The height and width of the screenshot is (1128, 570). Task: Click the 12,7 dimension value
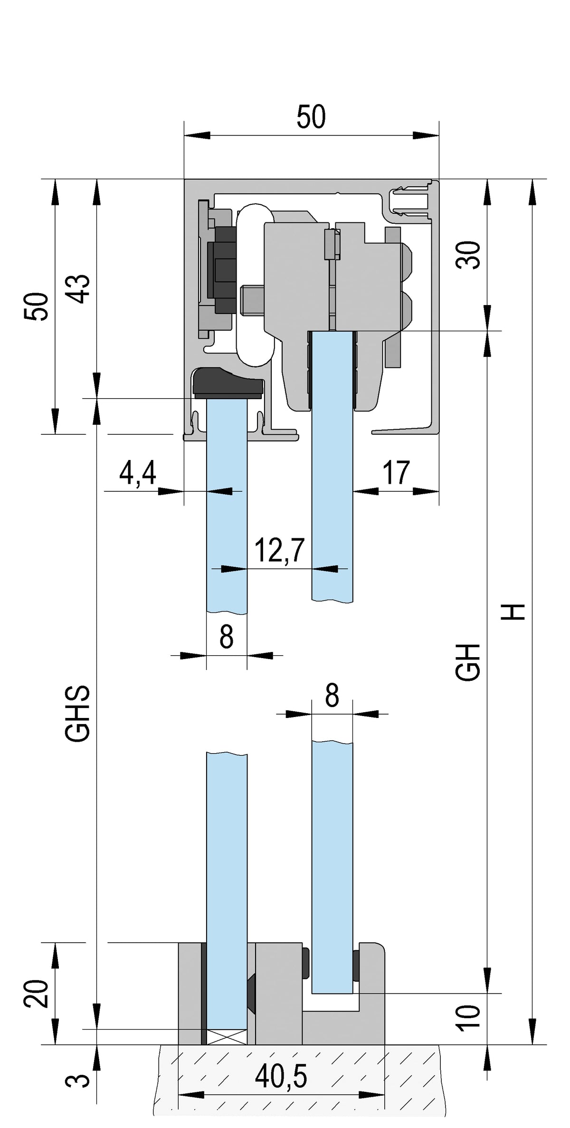[279, 550]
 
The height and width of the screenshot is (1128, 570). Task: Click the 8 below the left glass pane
[227, 636]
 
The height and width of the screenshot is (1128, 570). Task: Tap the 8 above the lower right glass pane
[332, 697]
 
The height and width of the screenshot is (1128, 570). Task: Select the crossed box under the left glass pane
[227, 1036]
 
